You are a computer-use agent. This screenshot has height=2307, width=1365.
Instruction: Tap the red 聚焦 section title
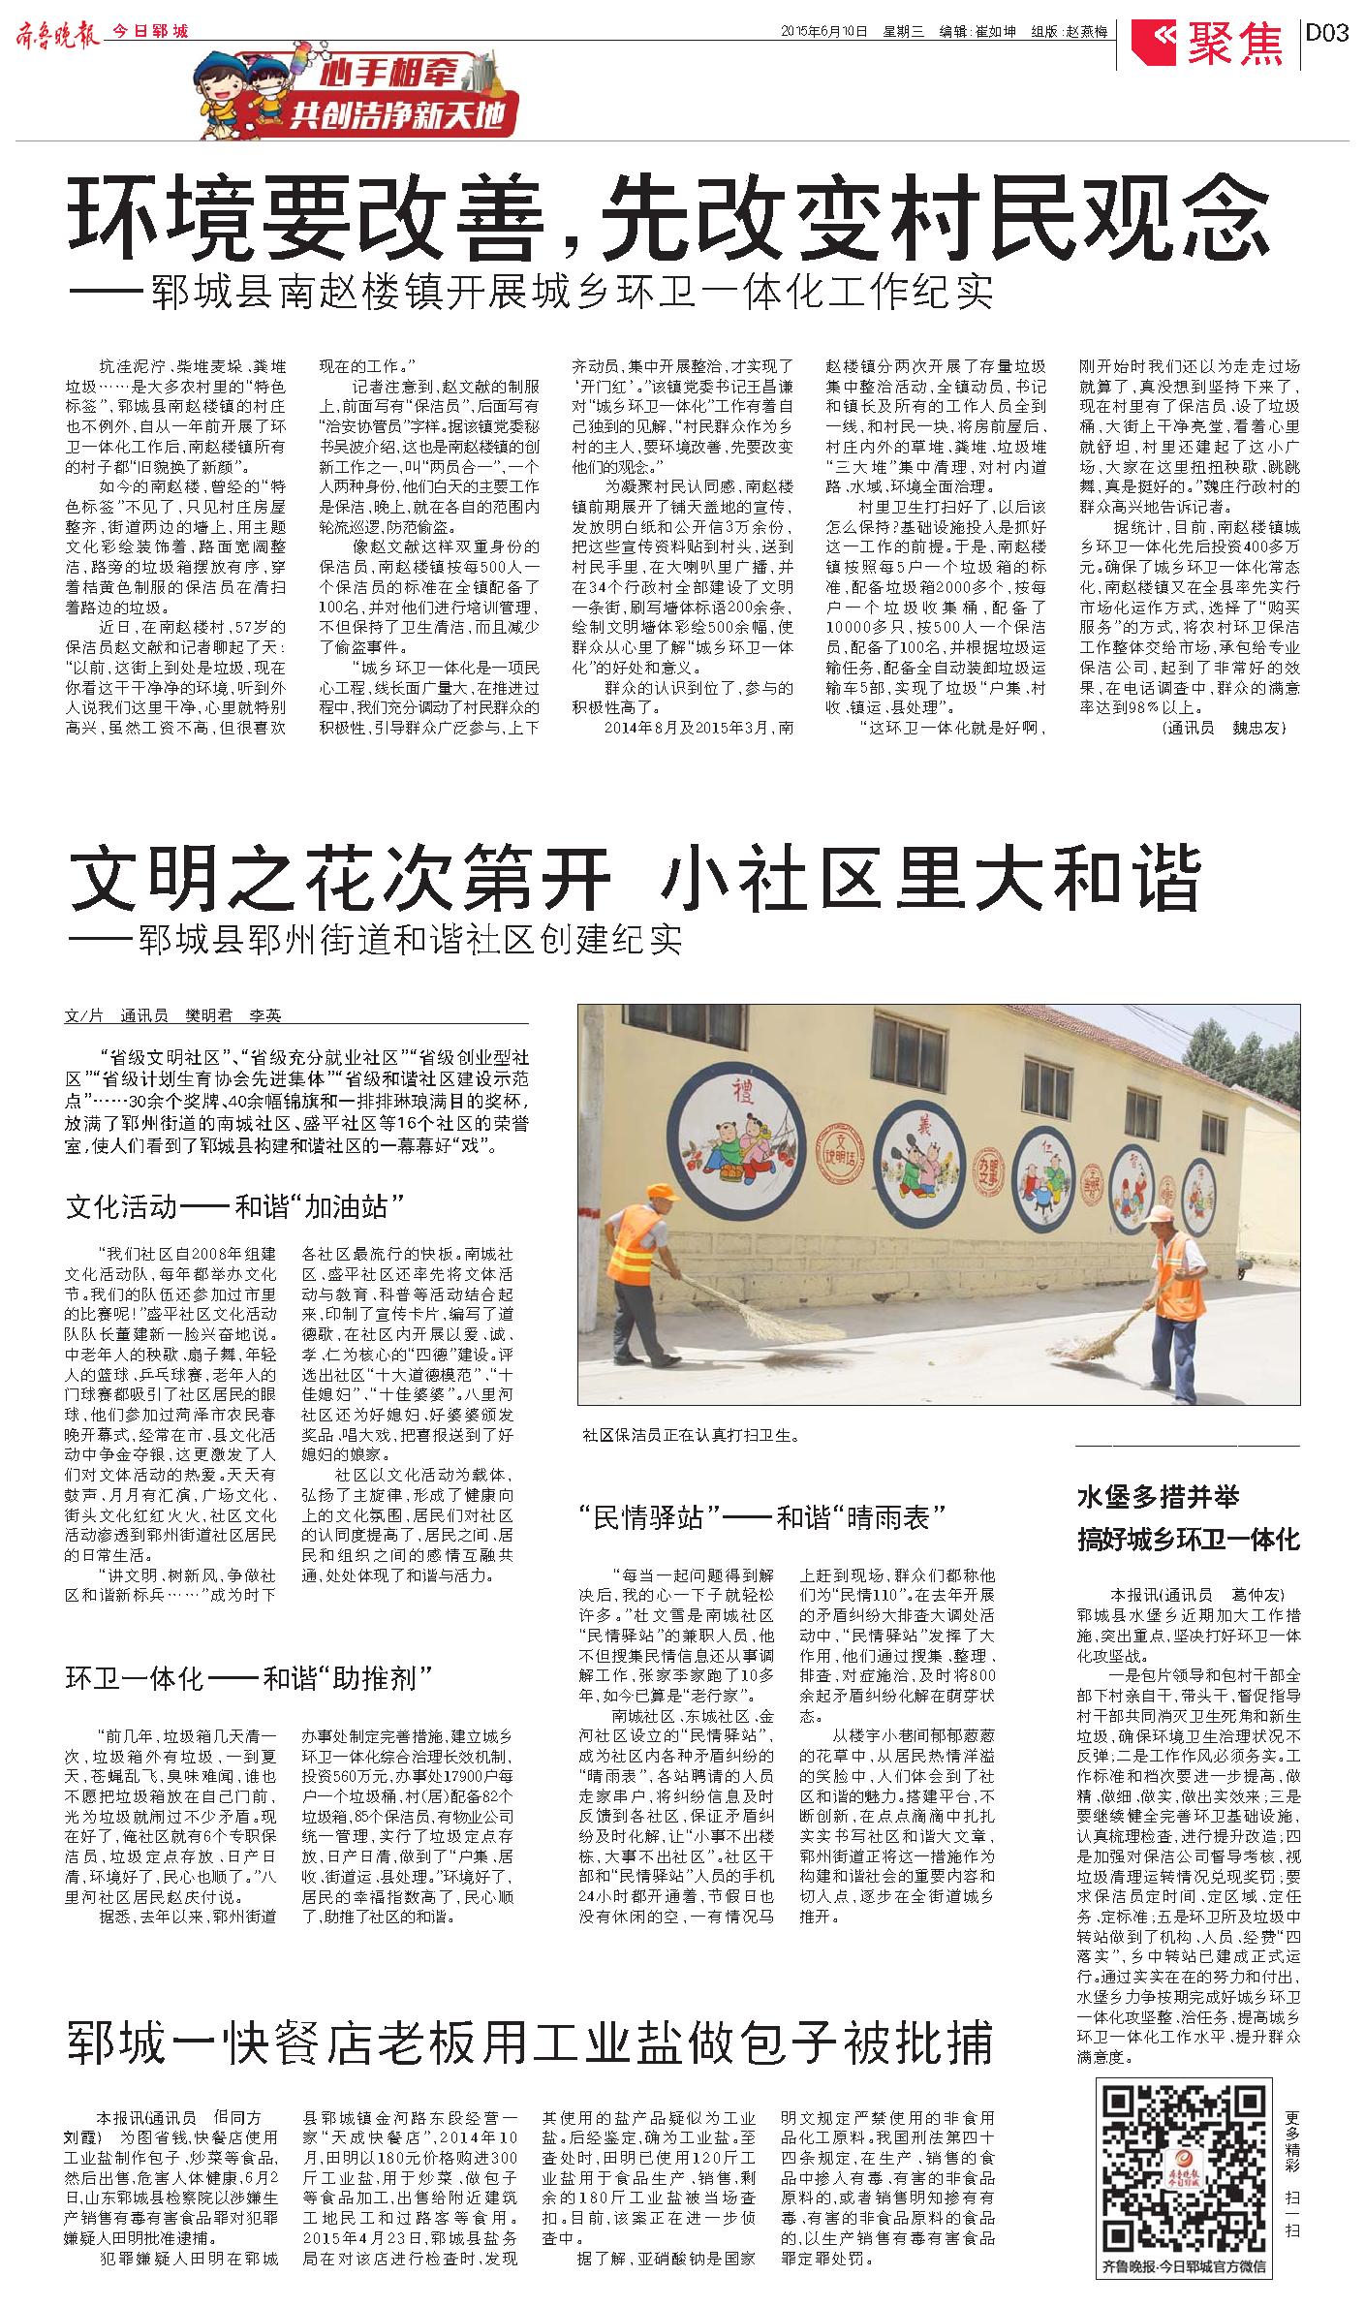(x=1235, y=42)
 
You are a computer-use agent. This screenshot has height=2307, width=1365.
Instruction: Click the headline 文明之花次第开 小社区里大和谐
(x=635, y=878)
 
